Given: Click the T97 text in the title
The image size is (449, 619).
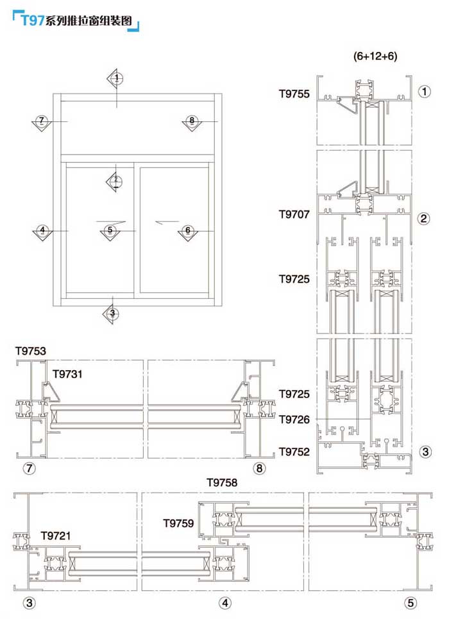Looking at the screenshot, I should click(x=32, y=20).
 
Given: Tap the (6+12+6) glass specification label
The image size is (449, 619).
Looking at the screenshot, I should click(x=375, y=56).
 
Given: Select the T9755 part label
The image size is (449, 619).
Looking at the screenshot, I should click(x=294, y=94).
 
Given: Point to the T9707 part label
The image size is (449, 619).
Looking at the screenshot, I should click(x=294, y=214).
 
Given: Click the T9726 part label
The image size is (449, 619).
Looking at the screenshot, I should click(x=294, y=420).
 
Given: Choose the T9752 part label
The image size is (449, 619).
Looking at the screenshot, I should click(x=294, y=452).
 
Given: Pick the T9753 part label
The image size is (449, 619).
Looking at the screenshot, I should click(x=31, y=351).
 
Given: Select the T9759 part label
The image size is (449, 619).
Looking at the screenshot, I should click(x=178, y=523).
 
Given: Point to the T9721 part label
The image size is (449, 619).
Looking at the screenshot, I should click(x=56, y=536).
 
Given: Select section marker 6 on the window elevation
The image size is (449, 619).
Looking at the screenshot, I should click(x=187, y=230).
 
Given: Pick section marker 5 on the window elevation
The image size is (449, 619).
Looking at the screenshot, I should click(x=110, y=230).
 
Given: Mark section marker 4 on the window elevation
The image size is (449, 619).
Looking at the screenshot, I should click(x=42, y=230).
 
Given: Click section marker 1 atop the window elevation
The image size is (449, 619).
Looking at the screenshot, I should click(x=117, y=78).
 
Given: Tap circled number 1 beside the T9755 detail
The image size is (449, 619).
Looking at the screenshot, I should click(x=424, y=91).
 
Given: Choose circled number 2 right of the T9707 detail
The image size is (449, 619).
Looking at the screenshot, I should click(x=424, y=218).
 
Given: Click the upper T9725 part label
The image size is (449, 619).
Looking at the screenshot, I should click(x=294, y=279).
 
